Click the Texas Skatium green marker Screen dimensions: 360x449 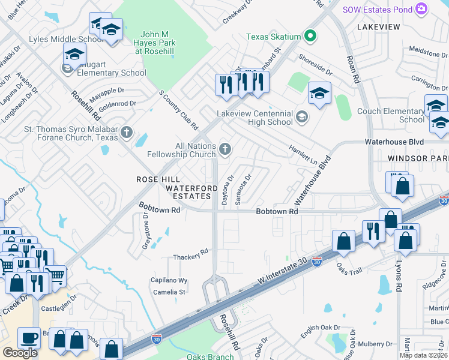click(x=310, y=37)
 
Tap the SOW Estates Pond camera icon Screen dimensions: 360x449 click(x=421, y=8)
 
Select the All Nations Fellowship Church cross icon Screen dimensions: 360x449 click(x=225, y=149)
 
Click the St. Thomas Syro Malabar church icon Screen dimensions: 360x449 click(x=126, y=132)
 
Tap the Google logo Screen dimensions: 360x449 click(x=20, y=352)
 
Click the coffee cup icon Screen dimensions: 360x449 click(x=29, y=338)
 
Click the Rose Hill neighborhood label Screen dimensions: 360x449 click(x=158, y=179)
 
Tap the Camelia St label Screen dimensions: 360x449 click(x=169, y=292)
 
